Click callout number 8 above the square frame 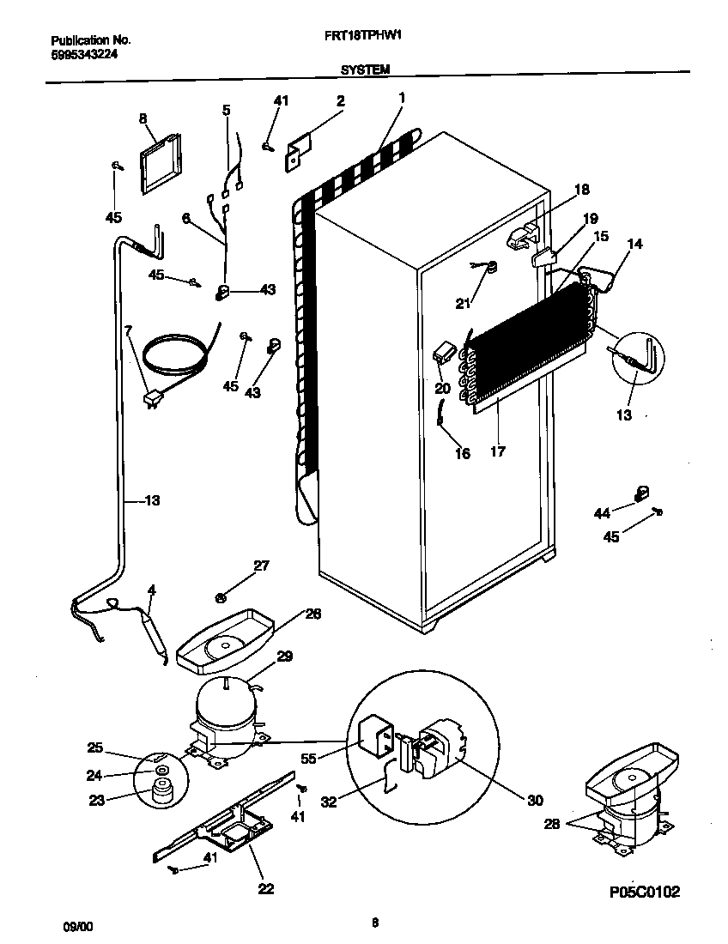(143, 118)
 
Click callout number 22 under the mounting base (266, 889)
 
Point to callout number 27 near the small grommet (261, 565)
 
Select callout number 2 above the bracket (340, 101)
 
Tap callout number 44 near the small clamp (603, 513)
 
